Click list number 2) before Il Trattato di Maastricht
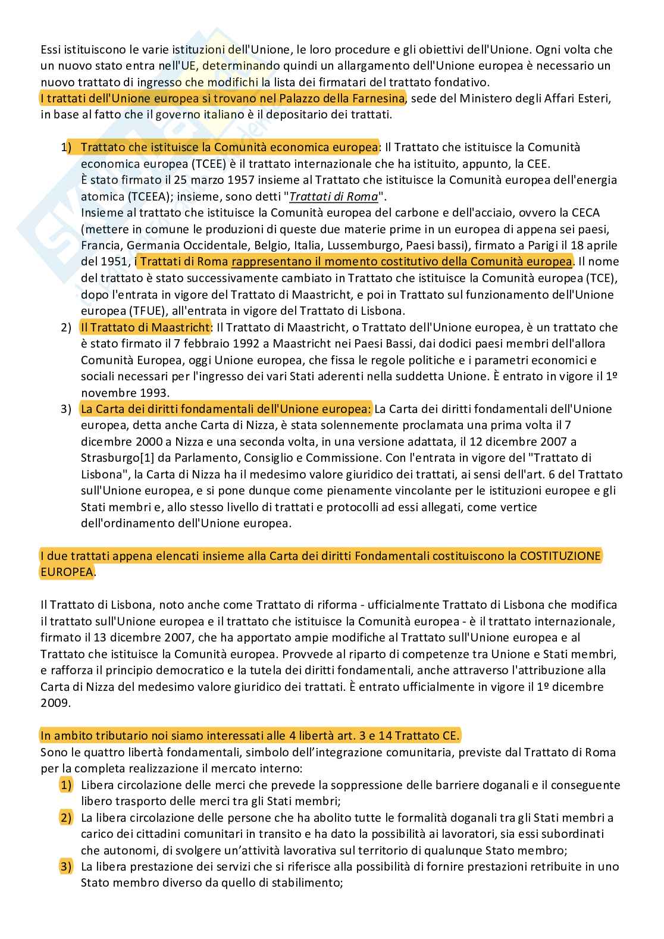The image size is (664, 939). [66, 327]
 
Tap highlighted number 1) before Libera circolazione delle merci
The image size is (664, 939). [66, 785]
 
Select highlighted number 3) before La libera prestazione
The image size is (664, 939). [66, 866]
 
